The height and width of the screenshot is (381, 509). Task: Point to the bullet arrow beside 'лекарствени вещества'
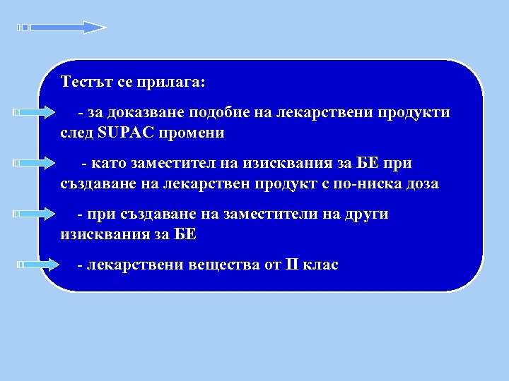tap(38, 265)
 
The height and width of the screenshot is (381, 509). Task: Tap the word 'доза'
tap(421, 184)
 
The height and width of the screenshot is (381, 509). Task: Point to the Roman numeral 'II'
tap(291, 265)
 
